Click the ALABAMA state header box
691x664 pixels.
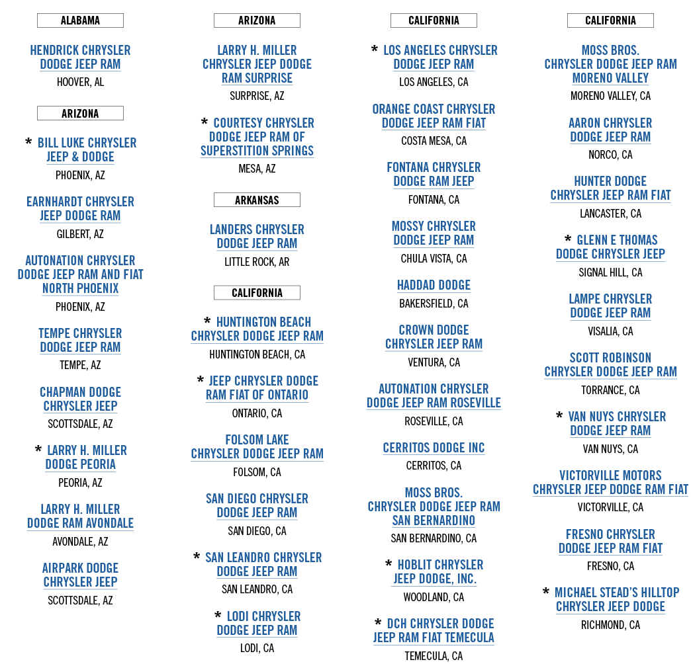(80, 21)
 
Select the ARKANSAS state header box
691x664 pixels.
(257, 200)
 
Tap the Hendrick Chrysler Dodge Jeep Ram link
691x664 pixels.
(80, 58)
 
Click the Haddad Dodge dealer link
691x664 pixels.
(434, 285)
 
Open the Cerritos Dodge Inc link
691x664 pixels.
(434, 448)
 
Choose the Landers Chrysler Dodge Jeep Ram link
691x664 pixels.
(257, 236)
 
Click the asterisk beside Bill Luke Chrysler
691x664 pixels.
(28, 142)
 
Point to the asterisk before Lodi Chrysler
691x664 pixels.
(218, 616)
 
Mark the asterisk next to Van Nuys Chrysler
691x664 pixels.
(560, 416)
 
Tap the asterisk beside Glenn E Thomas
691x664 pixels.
(567, 239)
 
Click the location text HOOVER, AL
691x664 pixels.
(80, 83)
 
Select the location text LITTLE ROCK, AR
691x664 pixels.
(257, 262)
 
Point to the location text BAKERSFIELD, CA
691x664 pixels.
(434, 304)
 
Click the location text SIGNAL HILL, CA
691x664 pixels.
(610, 272)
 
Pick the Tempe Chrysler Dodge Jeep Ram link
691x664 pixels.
(80, 340)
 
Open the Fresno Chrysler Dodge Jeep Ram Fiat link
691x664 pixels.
(610, 541)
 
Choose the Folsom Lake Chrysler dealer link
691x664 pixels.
(257, 446)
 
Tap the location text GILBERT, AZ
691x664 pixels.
(80, 234)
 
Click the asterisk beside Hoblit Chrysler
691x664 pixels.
(389, 564)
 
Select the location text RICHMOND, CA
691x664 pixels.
(610, 625)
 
